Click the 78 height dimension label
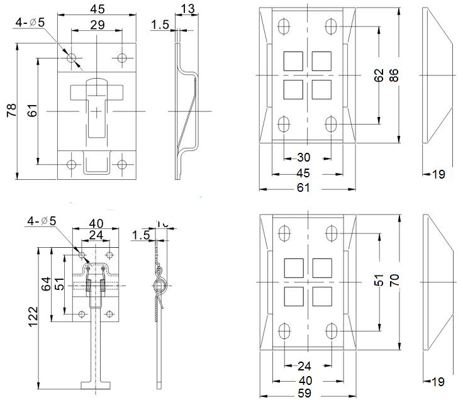point(11,111)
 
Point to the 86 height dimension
point(394,75)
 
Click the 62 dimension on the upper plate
point(378,75)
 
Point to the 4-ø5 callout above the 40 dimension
point(42,221)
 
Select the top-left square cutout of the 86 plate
point(293,60)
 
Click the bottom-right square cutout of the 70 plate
point(321,296)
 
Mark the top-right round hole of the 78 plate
point(122,58)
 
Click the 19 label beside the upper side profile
point(438,174)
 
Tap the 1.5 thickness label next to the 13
point(160,25)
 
